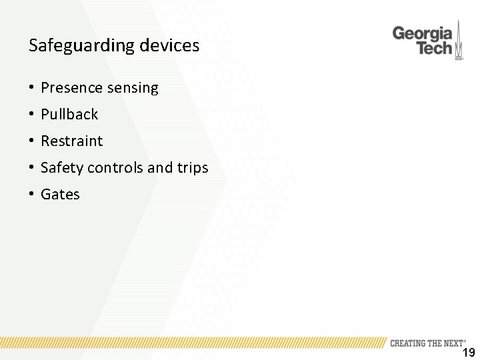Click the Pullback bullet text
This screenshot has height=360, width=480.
tap(69, 114)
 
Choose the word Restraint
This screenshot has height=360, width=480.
tap(72, 141)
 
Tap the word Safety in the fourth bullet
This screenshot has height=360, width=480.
tap(62, 168)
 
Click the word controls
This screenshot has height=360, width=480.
tap(115, 167)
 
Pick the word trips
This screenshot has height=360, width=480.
tap(193, 168)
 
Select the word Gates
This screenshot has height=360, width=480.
tap(60, 194)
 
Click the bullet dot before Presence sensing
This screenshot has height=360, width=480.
tap(31, 88)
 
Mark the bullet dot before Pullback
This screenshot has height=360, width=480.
tap(31, 115)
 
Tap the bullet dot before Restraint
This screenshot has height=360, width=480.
tap(31, 141)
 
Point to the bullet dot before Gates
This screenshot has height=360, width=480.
tap(31, 195)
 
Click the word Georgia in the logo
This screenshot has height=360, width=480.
tap(422, 33)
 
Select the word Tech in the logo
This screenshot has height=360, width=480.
tap(434, 48)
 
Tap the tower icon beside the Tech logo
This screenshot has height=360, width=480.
tap(459, 42)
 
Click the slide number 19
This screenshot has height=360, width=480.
tap(469, 353)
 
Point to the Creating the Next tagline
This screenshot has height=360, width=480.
tap(427, 343)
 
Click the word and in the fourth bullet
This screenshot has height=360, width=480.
tap(159, 167)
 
